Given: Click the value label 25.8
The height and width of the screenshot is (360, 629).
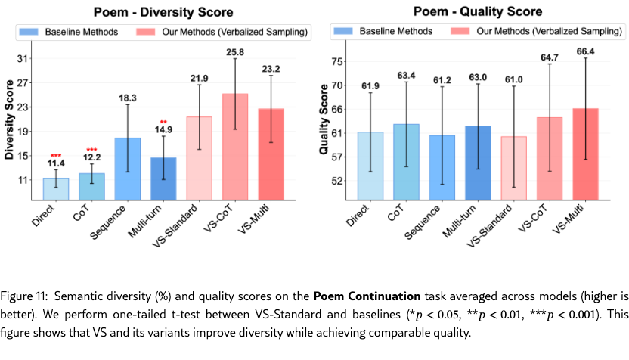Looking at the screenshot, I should [x=235, y=51].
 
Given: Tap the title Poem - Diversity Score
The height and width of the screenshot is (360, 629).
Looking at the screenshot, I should [x=163, y=12].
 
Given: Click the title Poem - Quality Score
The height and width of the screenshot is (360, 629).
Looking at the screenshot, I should [x=479, y=12].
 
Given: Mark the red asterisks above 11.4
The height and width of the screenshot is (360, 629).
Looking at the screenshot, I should [x=55, y=155].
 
